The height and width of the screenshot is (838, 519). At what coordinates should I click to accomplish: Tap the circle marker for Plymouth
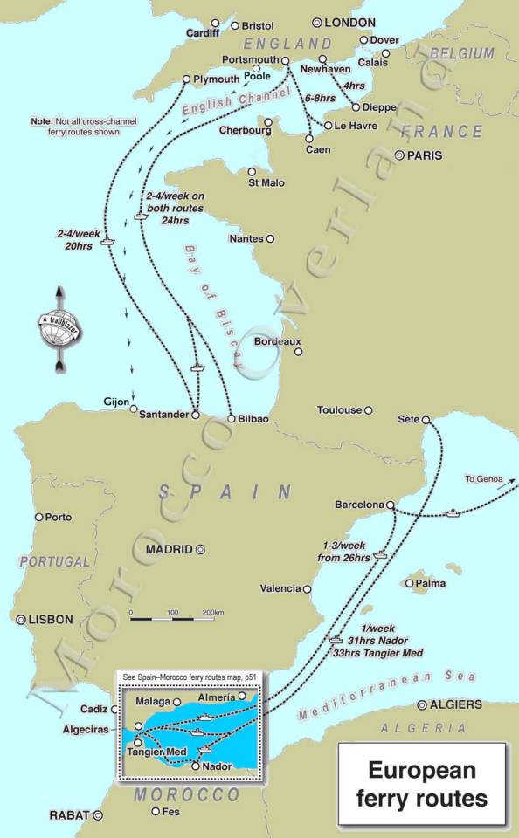186,79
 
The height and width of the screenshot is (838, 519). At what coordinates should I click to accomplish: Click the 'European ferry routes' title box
422,784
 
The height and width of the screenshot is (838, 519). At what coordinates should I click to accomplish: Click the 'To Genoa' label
481,478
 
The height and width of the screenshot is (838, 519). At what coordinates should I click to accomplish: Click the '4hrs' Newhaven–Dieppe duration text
354,86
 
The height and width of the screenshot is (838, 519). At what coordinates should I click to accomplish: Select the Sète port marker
426,421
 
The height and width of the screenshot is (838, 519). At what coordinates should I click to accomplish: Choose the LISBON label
51,619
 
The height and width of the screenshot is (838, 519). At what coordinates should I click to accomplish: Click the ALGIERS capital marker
422,704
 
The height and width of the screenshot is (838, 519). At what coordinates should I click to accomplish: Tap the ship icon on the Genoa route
452,512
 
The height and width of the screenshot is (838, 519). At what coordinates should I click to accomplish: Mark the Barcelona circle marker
391,505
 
